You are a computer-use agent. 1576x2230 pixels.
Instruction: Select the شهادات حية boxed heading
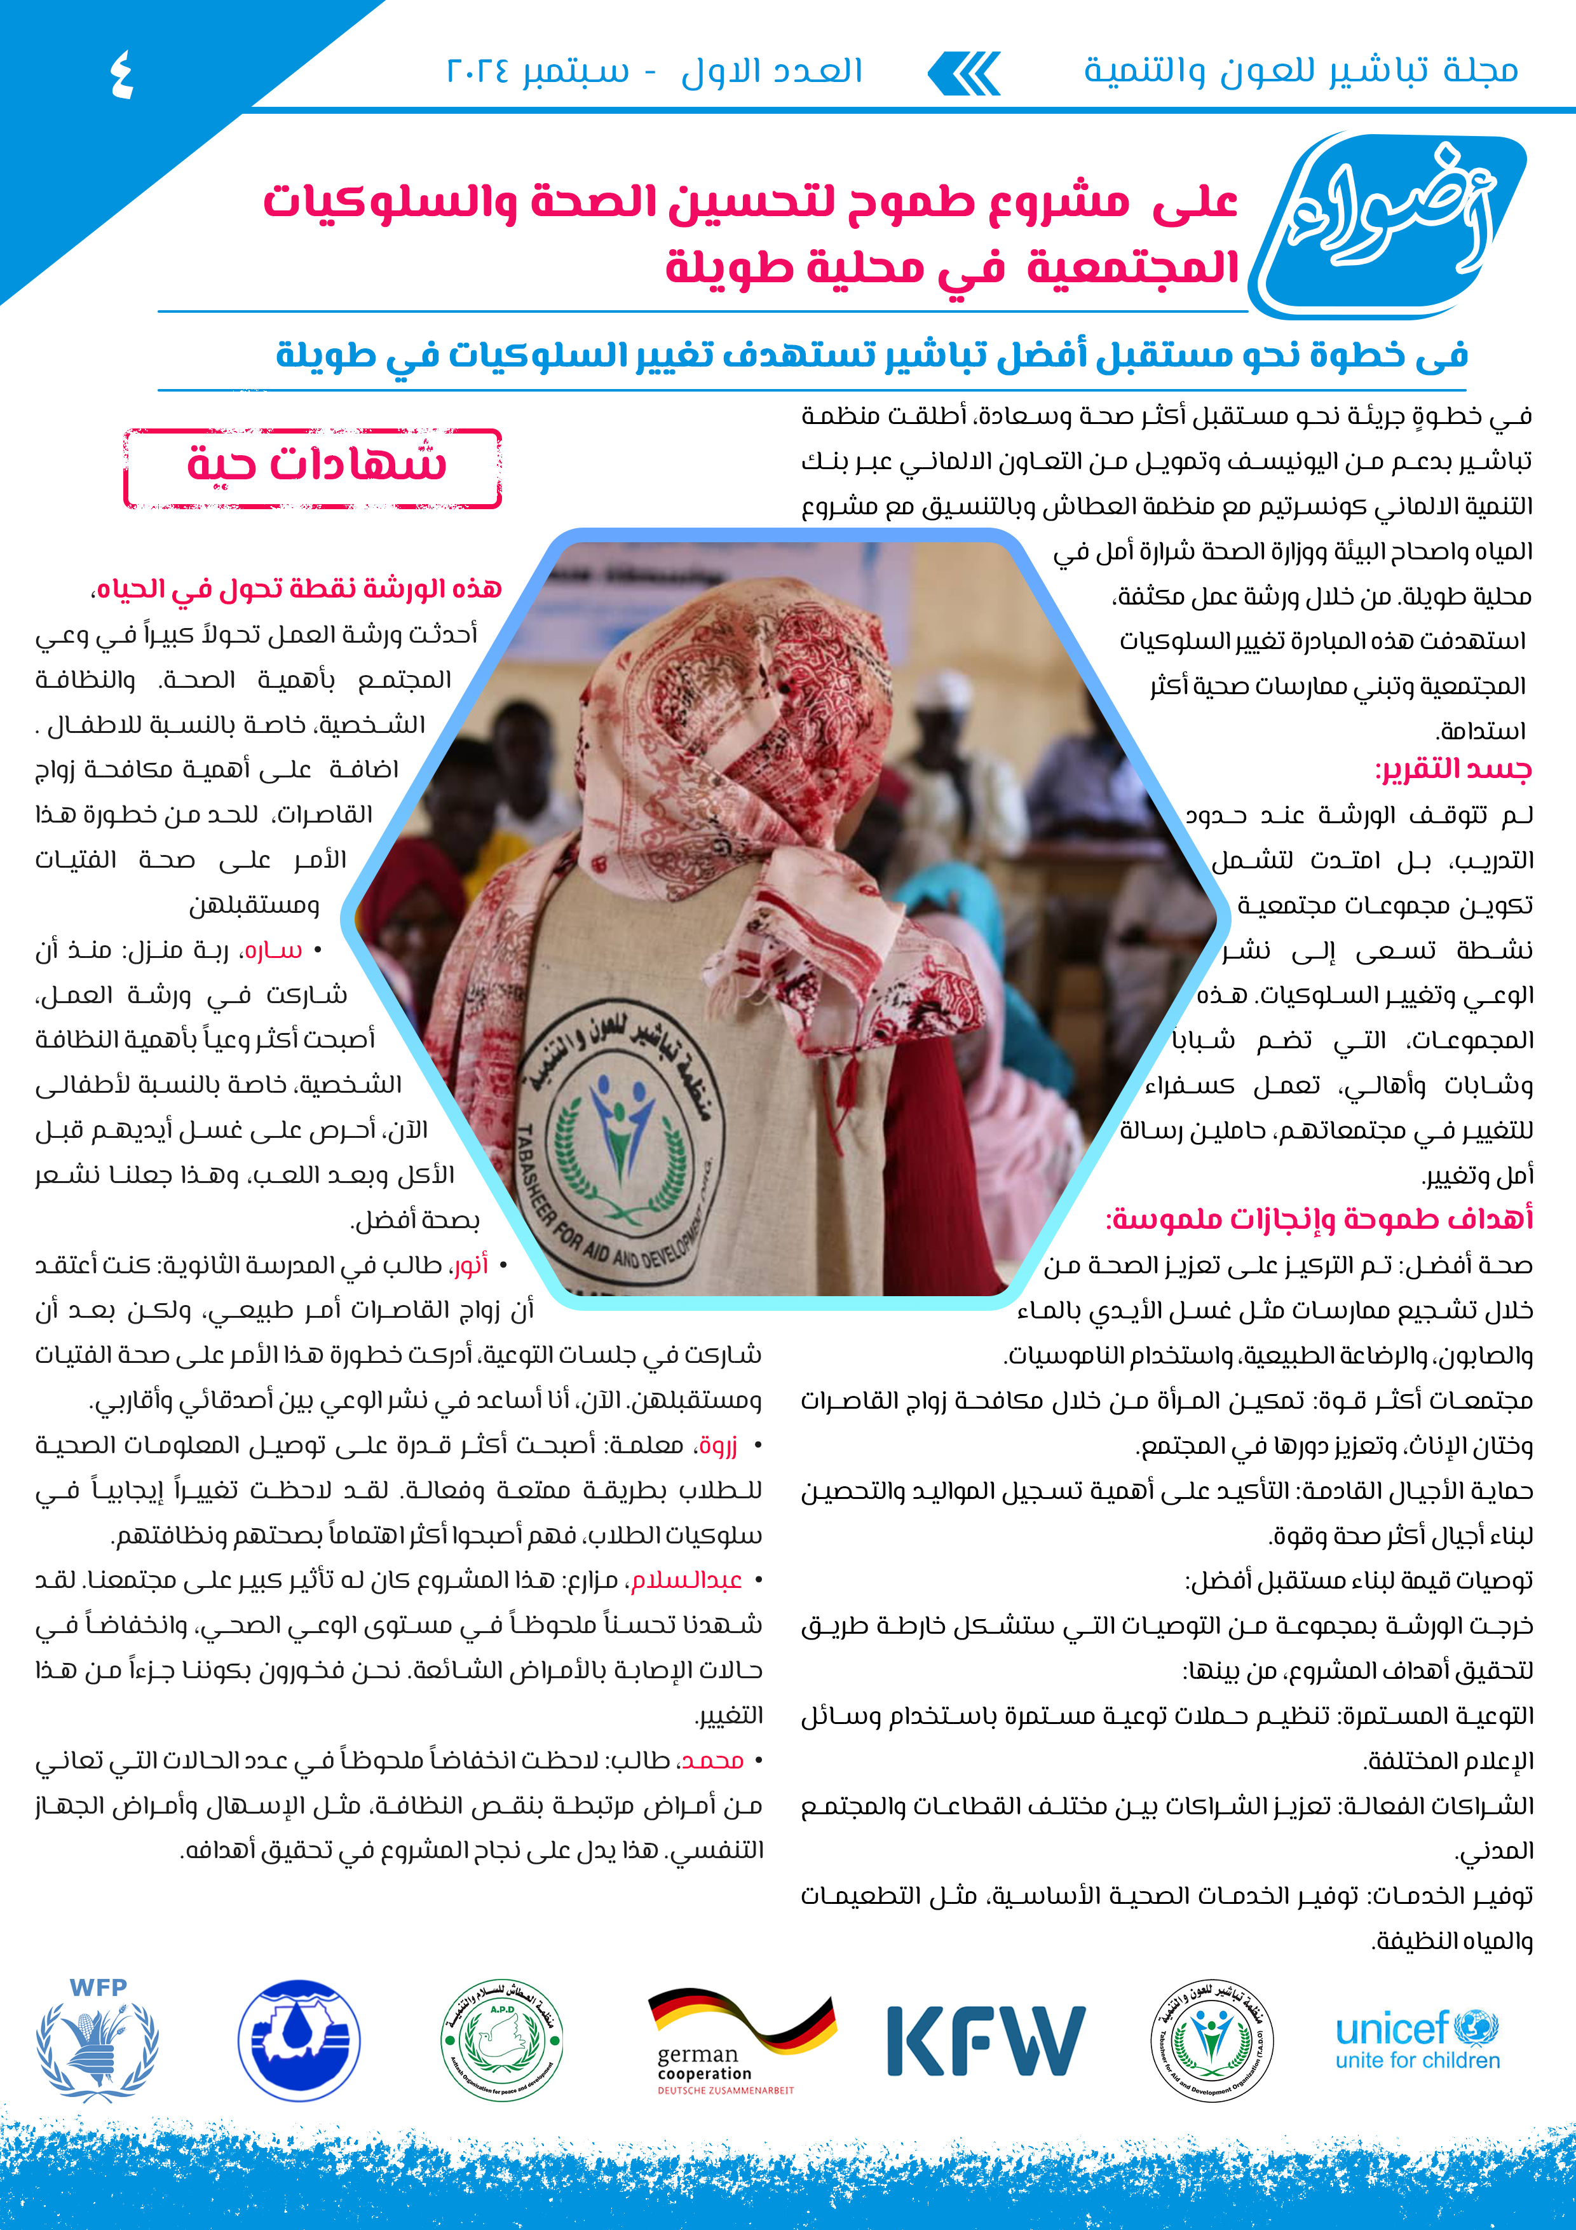[x=313, y=467]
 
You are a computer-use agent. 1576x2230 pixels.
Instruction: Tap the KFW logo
[x=986, y=2042]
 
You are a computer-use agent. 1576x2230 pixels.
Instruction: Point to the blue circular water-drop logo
[x=299, y=2040]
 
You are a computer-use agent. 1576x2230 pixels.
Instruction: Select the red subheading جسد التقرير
[x=1453, y=769]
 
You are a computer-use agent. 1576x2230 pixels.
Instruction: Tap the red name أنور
[x=470, y=1264]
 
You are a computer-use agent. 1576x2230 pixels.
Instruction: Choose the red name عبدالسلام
[x=686, y=1580]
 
